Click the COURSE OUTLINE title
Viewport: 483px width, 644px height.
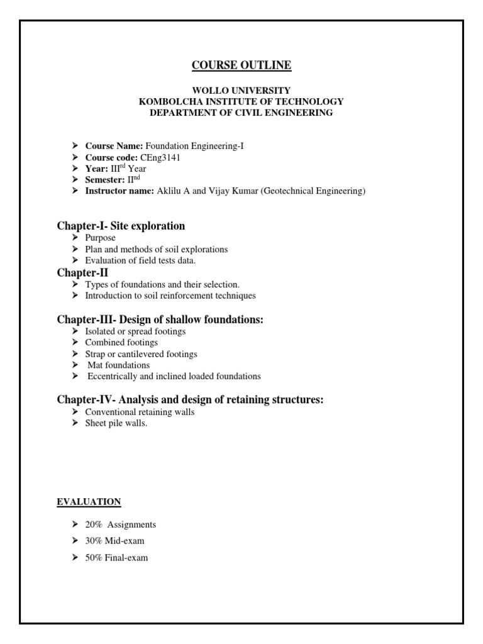coord(241,65)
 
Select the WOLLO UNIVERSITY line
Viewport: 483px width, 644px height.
coord(241,91)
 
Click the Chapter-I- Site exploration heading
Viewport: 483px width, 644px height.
coord(121,226)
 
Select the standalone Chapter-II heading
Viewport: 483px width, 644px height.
coord(82,272)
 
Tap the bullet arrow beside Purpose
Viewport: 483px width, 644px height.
coord(75,238)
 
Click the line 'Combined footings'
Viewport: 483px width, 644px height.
coord(121,343)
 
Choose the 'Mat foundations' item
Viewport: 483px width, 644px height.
coord(118,365)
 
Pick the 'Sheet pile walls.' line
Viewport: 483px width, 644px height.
coord(116,423)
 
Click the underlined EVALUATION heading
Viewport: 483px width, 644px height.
coord(89,502)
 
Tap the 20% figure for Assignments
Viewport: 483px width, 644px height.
coord(94,525)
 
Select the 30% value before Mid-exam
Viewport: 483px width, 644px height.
coord(94,541)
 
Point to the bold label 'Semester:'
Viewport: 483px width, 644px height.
coord(104,180)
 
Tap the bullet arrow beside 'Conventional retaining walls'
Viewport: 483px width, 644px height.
coord(75,412)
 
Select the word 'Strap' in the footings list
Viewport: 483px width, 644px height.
coord(96,354)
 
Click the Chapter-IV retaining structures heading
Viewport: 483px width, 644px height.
coord(190,400)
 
